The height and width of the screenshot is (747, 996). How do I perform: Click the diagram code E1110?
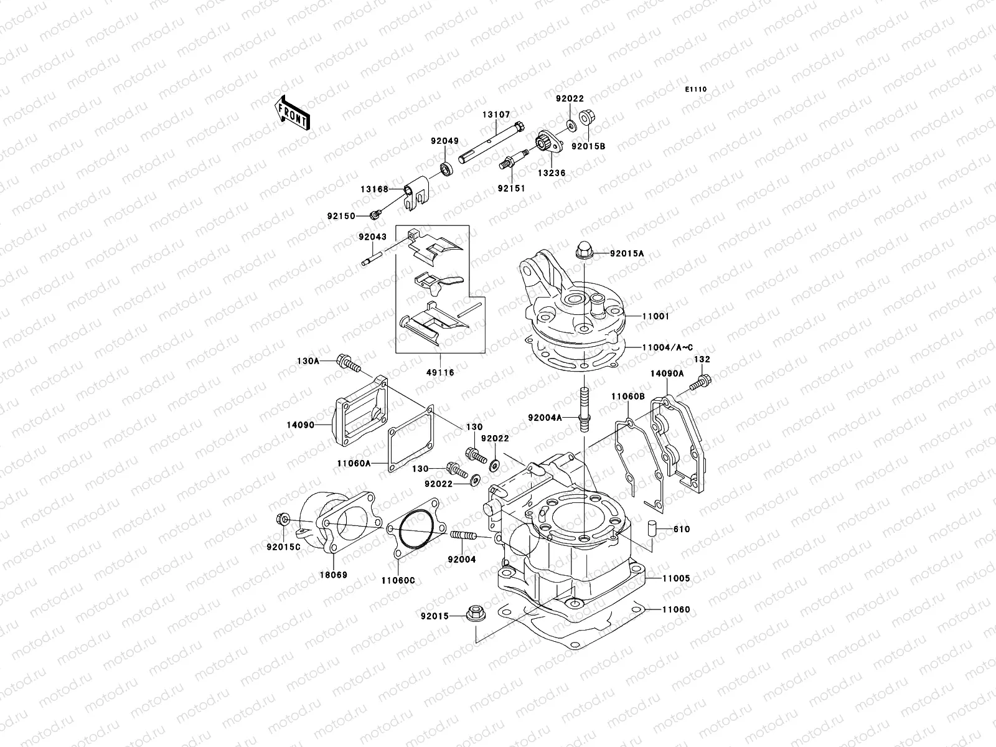pos(696,90)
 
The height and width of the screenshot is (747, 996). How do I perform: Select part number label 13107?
pos(496,115)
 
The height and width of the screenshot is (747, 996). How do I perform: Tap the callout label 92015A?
pos(627,253)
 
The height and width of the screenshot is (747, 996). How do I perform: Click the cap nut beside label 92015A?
pos(586,249)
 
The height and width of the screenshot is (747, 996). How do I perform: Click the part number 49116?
pos(441,372)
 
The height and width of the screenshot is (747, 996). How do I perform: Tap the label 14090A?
pos(667,374)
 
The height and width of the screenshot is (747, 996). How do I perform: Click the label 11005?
pos(676,578)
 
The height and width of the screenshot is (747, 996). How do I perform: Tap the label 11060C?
pos(398,580)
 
